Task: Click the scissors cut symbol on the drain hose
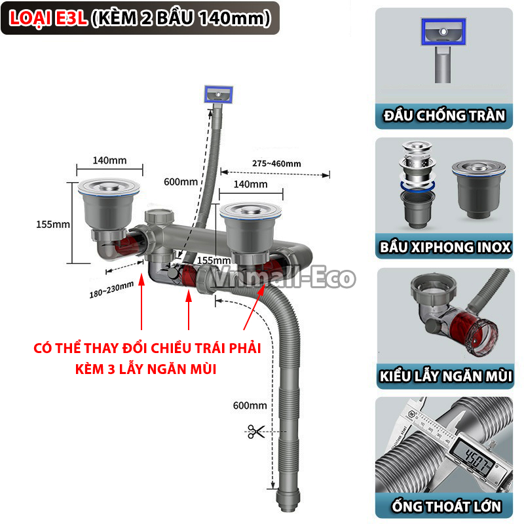255,432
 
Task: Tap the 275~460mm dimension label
276,163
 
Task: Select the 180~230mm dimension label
111,290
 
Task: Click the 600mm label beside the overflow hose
181,182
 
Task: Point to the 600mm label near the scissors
250,405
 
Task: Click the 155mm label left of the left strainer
53,224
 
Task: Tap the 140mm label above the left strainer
109,160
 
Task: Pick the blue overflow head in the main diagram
219,94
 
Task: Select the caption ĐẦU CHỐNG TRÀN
444,116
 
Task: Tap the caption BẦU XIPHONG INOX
445,248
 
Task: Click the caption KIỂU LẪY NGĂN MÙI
446,376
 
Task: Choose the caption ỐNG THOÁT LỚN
447,506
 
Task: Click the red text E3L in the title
71,18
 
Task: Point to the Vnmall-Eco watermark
283,276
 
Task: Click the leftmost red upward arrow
141,301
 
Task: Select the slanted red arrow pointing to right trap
254,307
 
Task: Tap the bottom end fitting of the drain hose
288,499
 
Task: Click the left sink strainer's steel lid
109,187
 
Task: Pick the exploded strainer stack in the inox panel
418,185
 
